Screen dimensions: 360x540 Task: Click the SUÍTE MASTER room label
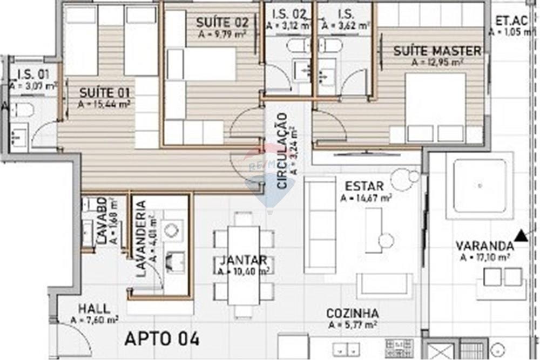coord(437,51)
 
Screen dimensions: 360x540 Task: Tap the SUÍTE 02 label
coord(222,23)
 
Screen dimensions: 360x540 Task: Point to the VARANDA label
coord(484,246)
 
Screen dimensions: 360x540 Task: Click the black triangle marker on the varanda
coord(521,235)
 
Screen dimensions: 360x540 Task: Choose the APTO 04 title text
coord(162,338)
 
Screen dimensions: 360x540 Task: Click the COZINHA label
coord(352,314)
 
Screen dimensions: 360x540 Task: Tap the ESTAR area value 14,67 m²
coord(366,198)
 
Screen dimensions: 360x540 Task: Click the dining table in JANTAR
coord(244,264)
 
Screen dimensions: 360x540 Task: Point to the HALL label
coord(94,309)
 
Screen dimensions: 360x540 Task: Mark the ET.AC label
coord(511,22)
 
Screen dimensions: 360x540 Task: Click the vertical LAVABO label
coord(102,221)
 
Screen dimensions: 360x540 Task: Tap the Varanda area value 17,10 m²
coord(485,257)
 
